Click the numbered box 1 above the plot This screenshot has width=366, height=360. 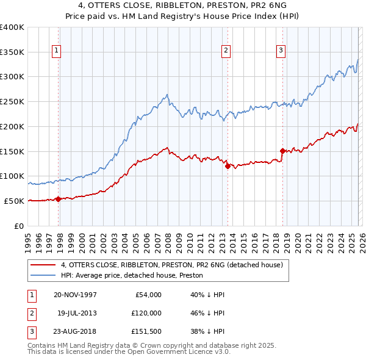(x=56, y=51)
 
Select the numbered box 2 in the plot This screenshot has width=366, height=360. (x=226, y=51)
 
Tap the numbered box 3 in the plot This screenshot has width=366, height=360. (x=281, y=51)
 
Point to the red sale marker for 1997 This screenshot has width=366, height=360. (x=59, y=198)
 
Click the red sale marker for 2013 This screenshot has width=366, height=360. (x=228, y=165)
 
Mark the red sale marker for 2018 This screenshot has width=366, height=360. (x=282, y=150)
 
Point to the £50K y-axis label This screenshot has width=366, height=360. (x=14, y=201)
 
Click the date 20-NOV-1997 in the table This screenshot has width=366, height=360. (x=75, y=295)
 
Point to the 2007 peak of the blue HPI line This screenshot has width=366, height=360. (x=167, y=95)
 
